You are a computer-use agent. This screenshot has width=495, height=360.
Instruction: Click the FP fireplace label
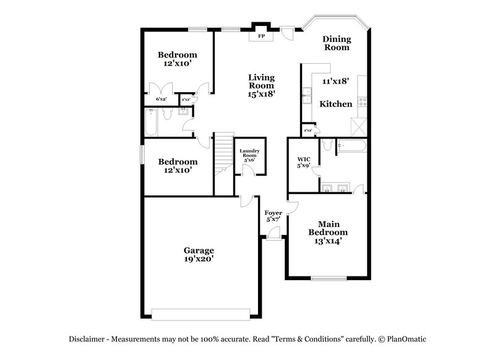pos(261,36)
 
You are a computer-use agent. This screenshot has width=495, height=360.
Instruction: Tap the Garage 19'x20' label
pos(199,255)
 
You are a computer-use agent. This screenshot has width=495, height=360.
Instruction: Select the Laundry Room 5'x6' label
pos(249,155)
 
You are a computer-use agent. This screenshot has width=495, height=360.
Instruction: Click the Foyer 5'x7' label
pos(273,216)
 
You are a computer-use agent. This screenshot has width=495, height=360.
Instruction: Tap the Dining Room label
pos(337,43)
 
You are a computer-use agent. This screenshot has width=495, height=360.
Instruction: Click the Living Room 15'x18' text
pos(261,86)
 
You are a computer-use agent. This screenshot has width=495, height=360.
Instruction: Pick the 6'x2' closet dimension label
pos(161,99)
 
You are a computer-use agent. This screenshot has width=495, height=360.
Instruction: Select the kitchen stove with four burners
pos(362,101)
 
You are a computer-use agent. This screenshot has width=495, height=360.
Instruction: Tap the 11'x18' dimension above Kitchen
pos(336,81)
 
